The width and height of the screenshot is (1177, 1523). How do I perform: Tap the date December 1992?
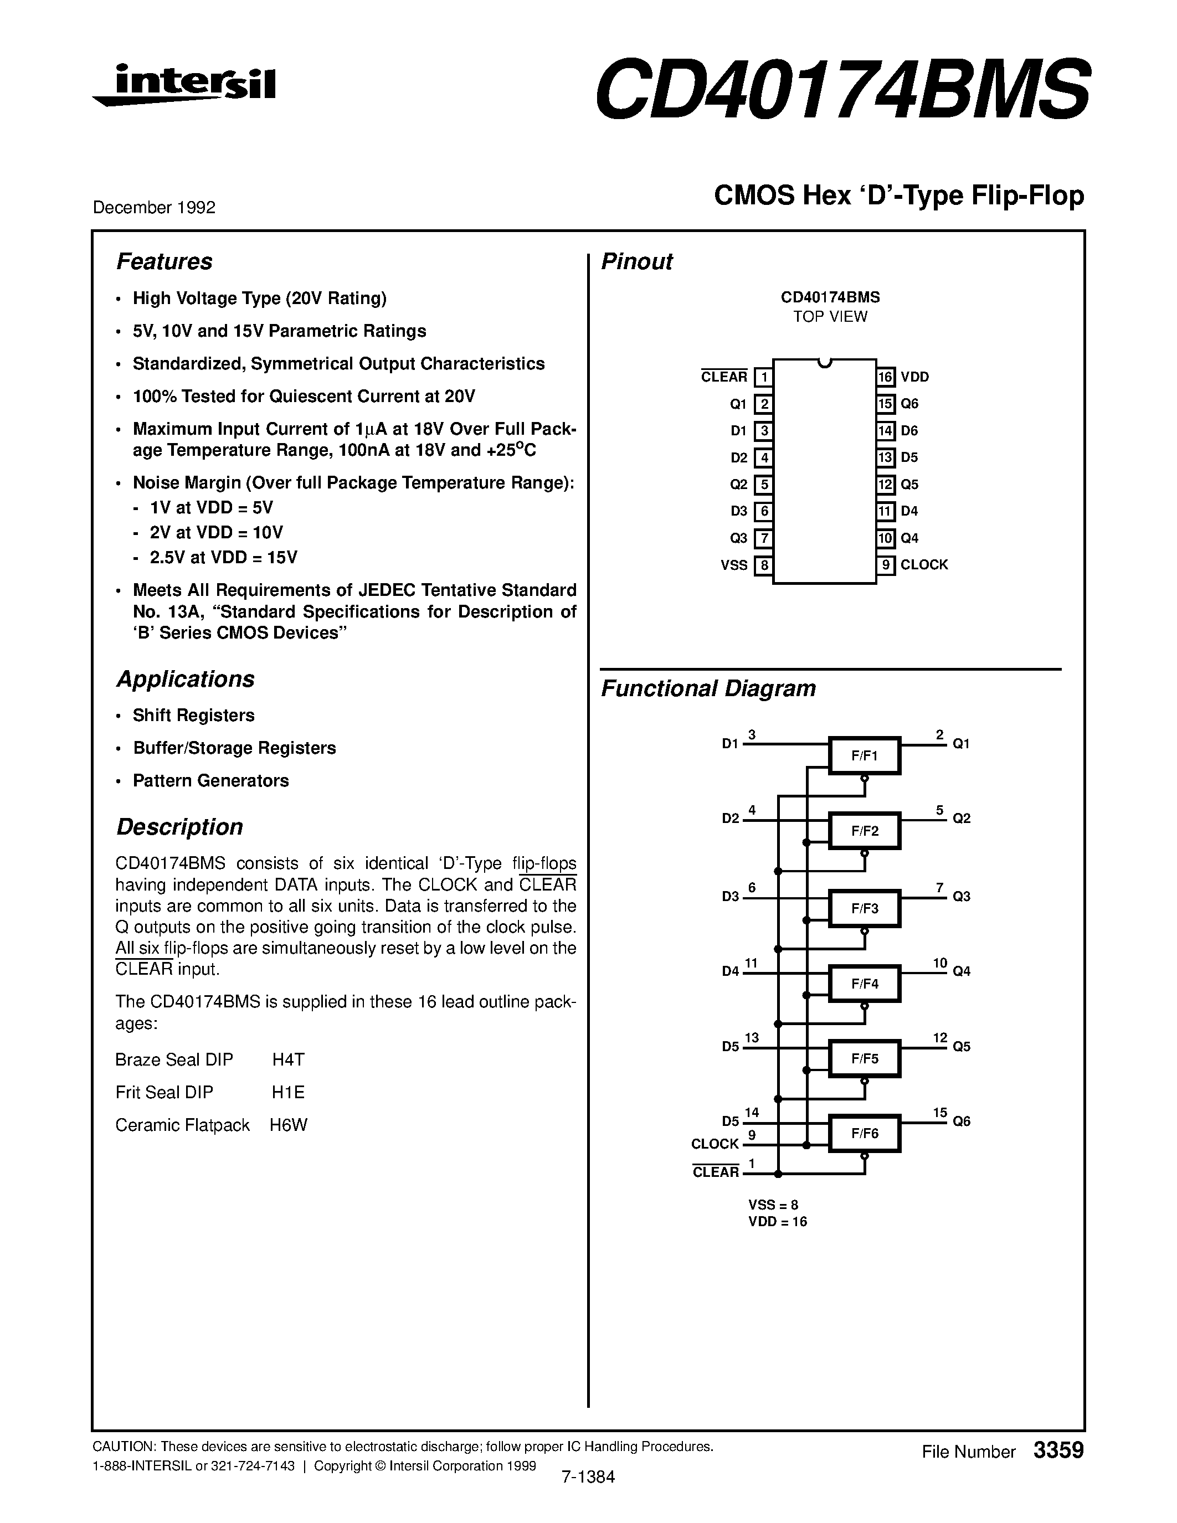[x=154, y=207]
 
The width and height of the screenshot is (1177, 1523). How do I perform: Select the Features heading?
[x=164, y=261]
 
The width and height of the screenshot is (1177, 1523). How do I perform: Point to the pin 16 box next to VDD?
[x=886, y=377]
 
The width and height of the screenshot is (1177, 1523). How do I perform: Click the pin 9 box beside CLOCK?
[x=886, y=565]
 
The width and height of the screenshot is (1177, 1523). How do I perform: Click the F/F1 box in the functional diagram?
[x=865, y=756]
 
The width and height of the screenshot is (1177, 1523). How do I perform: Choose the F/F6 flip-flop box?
[x=865, y=1134]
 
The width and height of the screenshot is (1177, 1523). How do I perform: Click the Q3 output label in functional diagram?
[x=962, y=897]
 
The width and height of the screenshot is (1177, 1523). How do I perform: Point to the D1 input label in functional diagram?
[x=730, y=744]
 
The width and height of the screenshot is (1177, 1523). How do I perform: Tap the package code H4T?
[x=288, y=1060]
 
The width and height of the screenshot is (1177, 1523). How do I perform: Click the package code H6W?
[x=288, y=1125]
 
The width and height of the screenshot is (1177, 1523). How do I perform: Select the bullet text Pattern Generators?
[x=210, y=780]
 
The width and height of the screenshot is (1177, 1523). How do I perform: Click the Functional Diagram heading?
[x=708, y=688]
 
